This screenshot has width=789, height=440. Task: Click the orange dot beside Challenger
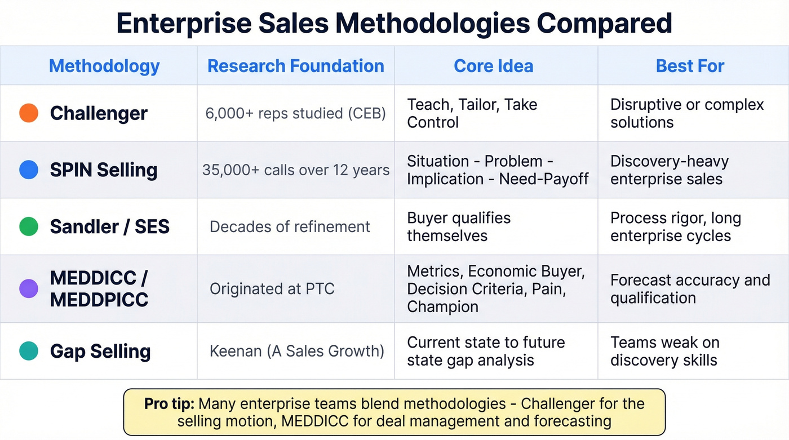point(29,113)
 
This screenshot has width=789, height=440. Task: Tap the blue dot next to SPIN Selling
point(29,170)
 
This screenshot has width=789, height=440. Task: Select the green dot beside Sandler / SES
point(29,226)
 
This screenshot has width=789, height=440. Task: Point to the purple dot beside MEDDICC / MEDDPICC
point(29,288)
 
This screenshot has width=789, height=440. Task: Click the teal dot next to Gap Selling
point(29,351)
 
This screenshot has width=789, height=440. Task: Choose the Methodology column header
point(104,66)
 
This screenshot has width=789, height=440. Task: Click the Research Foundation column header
point(296,66)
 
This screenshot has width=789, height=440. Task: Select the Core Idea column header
point(493,66)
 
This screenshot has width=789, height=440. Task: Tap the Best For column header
point(690,66)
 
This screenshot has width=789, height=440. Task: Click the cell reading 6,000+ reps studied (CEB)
point(296,113)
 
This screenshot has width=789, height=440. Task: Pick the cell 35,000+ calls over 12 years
point(296,170)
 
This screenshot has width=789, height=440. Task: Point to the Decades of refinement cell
point(290,226)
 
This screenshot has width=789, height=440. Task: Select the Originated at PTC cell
point(272,289)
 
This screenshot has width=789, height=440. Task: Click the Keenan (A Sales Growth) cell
point(296,351)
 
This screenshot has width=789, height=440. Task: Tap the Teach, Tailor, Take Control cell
point(472,113)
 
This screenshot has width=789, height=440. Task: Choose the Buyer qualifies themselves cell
point(459,226)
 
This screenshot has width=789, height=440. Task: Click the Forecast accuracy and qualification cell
point(690,288)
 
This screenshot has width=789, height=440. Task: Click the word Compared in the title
point(604,23)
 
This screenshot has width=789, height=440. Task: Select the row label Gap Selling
point(100,351)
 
